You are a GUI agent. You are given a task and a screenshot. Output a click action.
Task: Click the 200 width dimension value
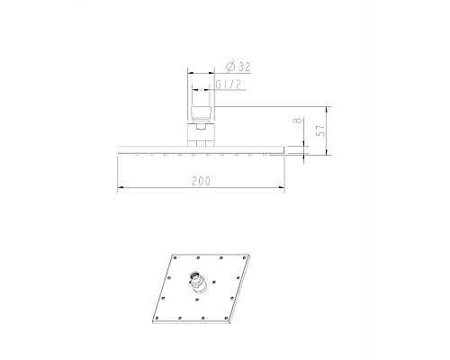click(x=200, y=181)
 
